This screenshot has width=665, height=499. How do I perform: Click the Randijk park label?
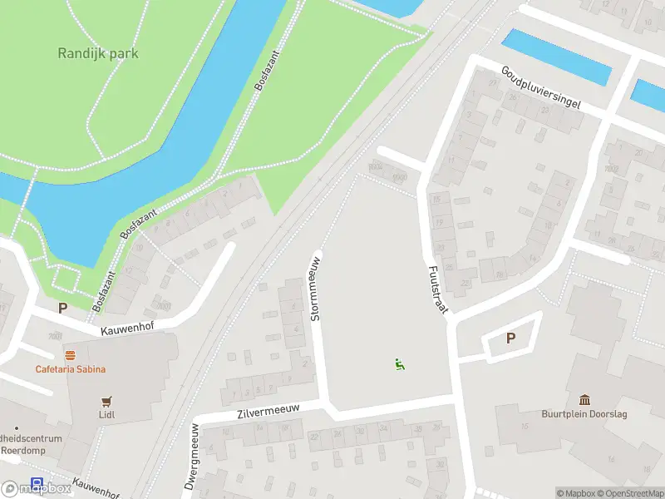click(98, 53)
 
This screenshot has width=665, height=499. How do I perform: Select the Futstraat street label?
click(438, 289)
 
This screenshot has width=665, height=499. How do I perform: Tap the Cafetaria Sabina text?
click(70, 369)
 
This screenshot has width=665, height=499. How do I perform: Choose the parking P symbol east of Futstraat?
click(511, 338)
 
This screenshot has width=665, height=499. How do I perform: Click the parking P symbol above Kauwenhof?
click(62, 308)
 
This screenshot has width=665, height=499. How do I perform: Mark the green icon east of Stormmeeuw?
click(400, 363)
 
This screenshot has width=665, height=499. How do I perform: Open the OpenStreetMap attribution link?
click(632, 493)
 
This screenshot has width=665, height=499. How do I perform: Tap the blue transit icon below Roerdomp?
click(37, 483)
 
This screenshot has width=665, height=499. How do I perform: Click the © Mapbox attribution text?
click(576, 493)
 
